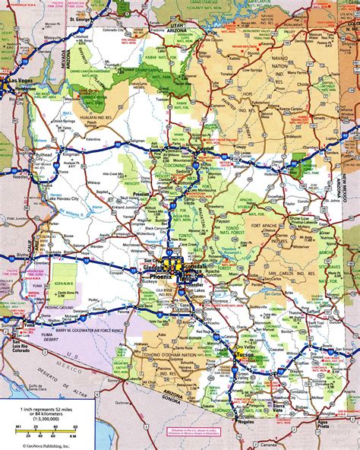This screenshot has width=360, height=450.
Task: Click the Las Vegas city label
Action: tap(19, 79)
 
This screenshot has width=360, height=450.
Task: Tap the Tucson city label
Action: tap(242, 355)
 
